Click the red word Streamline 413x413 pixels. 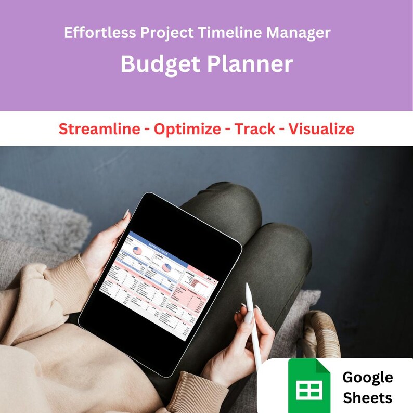(x=99, y=129)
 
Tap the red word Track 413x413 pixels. (x=255, y=129)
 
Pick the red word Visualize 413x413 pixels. (x=321, y=129)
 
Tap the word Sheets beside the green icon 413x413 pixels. (x=367, y=398)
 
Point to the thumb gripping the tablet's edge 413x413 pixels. (x=125, y=215)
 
